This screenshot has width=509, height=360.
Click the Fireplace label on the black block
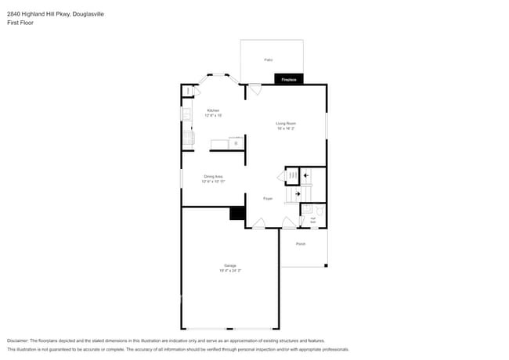pyautogui.click(x=288, y=79)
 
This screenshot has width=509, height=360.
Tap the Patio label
pyautogui.click(x=268, y=59)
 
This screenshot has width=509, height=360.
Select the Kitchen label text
pyautogui.click(x=213, y=110)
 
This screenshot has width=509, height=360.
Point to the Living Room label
pyautogui.click(x=285, y=123)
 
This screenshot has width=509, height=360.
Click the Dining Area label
pyautogui.click(x=214, y=177)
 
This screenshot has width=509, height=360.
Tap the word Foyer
pyautogui.click(x=267, y=199)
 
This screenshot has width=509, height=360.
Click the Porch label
pyautogui.click(x=301, y=244)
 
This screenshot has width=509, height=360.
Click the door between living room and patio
pyautogui.click(x=255, y=88)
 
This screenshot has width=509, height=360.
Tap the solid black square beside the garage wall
pyautogui.click(x=237, y=214)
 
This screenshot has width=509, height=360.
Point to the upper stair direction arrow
pyautogui.click(x=306, y=176)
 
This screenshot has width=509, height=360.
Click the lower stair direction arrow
pyautogui.click(x=296, y=193)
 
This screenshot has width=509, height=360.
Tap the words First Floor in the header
pyautogui.click(x=20, y=23)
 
